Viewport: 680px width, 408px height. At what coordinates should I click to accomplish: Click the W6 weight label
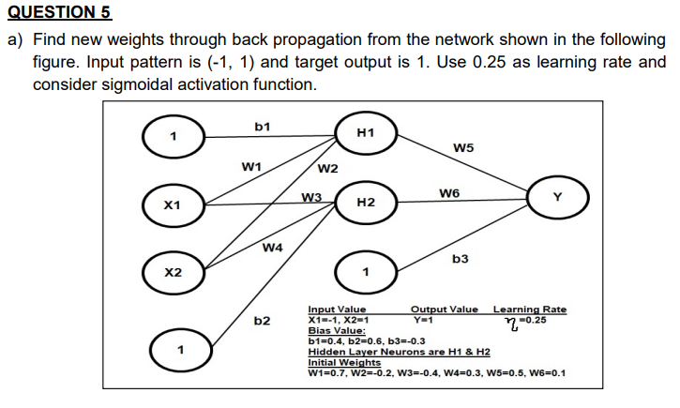click(x=448, y=193)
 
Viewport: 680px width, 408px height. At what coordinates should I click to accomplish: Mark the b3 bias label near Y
click(x=461, y=258)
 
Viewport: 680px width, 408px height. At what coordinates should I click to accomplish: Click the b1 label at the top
click(x=263, y=125)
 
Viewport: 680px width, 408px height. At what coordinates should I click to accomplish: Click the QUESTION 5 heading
click(x=59, y=12)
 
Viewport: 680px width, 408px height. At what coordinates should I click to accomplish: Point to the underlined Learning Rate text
click(x=529, y=310)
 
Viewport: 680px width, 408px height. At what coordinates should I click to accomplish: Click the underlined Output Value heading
click(x=444, y=310)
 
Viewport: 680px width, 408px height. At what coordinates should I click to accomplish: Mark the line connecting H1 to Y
click(x=464, y=166)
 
